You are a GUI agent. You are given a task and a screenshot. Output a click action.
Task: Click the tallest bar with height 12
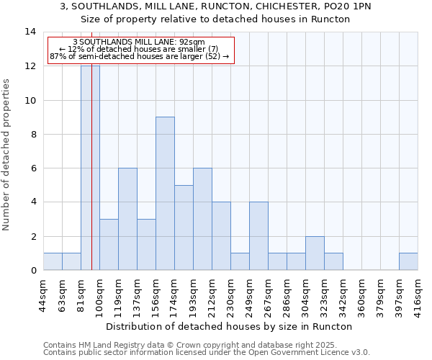(x=90, y=168)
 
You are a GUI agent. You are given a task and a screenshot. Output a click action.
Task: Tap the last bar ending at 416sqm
(x=408, y=261)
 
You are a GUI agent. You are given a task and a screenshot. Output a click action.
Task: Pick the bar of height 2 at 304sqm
(x=315, y=253)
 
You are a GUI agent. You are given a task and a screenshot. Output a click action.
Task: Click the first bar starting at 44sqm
(x=53, y=261)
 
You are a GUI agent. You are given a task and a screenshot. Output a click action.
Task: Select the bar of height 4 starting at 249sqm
(x=258, y=235)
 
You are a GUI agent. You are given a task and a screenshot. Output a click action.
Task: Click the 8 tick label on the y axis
(x=31, y=134)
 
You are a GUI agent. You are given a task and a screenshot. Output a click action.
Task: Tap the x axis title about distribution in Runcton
(x=230, y=326)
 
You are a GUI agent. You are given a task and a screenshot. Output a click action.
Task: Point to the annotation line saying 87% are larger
(x=139, y=56)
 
